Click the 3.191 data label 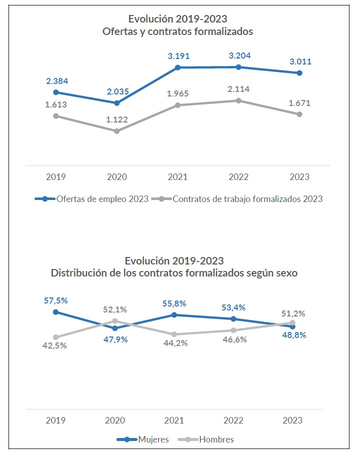click(178, 56)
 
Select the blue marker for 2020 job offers click(117, 103)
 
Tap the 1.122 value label click(117, 119)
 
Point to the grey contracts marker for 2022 click(238, 100)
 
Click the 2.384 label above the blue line click(56, 81)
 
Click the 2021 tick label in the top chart click(178, 177)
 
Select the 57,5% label click(55, 300)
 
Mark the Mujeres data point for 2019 click(56, 312)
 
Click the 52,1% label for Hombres click(115, 309)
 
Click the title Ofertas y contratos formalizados click(178, 31)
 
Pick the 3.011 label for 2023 click(299, 62)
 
